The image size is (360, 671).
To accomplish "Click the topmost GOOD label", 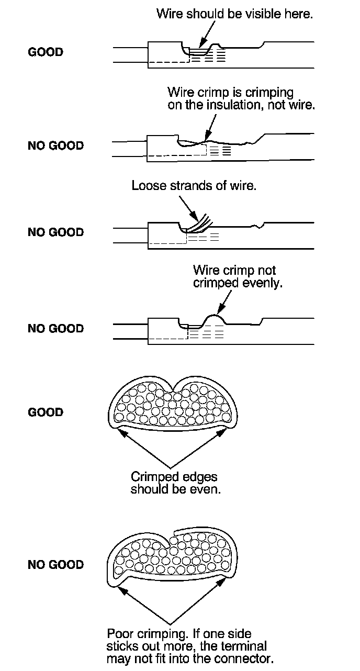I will pos(45,52).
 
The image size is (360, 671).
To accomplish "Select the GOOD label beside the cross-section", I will pos(45,412).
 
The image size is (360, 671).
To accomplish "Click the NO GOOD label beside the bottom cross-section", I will pos(55,565).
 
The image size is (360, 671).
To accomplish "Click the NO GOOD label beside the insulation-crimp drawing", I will pos(55,146).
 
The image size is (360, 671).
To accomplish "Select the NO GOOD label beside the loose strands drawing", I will pos(55,232).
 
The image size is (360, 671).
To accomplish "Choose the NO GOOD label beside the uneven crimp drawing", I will pos(55,329).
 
